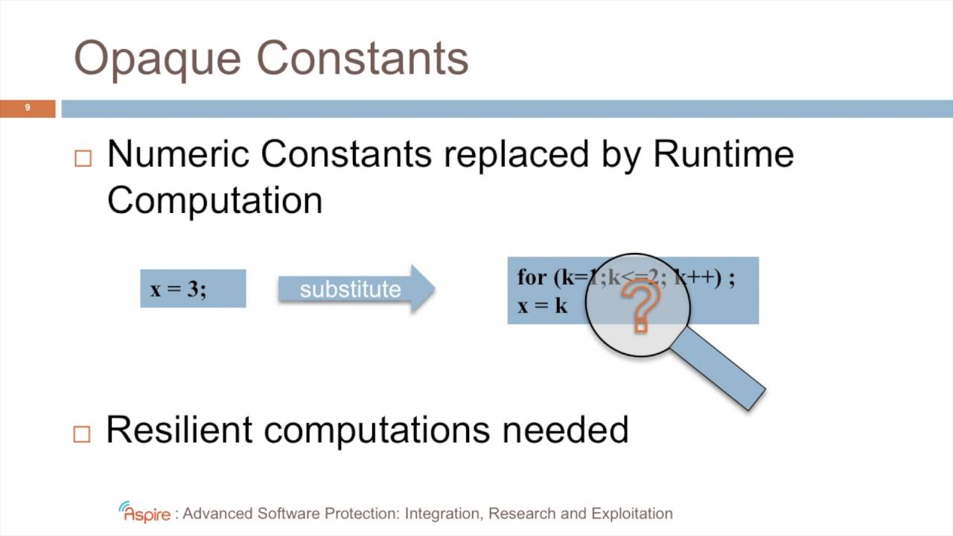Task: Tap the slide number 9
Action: (x=28, y=109)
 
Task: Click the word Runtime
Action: (x=723, y=154)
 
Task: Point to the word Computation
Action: (x=214, y=200)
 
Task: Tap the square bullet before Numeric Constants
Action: (x=83, y=158)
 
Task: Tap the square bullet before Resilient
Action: (x=83, y=434)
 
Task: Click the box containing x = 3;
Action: (x=193, y=289)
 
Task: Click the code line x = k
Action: (x=542, y=306)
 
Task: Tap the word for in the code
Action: (x=532, y=278)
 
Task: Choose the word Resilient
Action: (x=179, y=430)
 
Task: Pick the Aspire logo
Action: (x=145, y=512)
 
